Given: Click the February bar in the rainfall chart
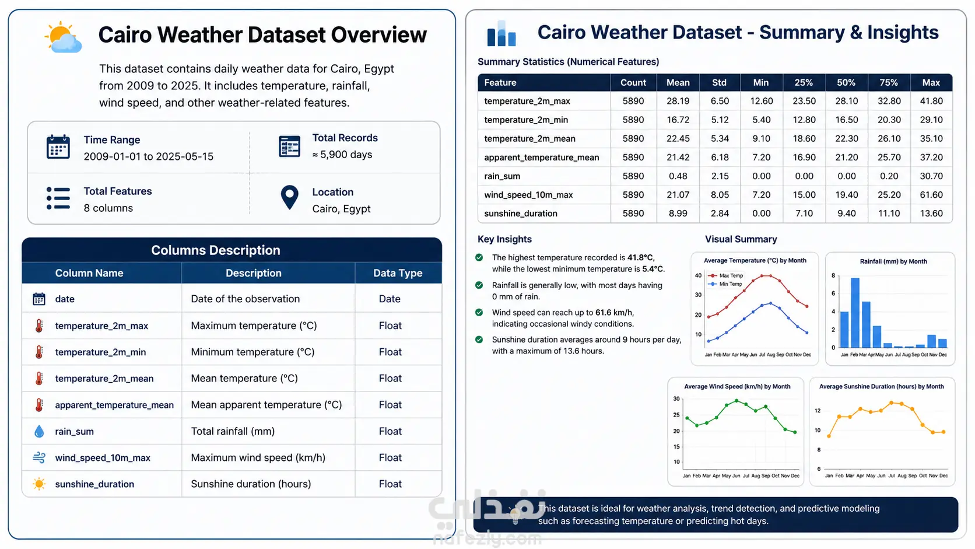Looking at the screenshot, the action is (x=855, y=313).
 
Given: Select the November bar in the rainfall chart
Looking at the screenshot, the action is (x=931, y=341).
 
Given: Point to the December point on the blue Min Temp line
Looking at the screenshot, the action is (x=807, y=333).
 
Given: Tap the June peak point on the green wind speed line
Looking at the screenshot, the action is (x=736, y=401).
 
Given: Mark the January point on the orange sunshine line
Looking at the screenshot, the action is (x=829, y=436).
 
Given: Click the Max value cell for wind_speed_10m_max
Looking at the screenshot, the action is (x=931, y=195).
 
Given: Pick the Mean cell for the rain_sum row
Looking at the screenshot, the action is (x=678, y=176).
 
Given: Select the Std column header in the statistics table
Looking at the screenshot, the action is (x=719, y=82).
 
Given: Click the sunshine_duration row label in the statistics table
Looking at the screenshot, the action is (x=521, y=214).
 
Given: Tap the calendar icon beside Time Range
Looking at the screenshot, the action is (x=58, y=146).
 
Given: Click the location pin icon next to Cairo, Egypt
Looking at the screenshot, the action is (x=289, y=198).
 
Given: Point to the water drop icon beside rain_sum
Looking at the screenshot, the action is (x=38, y=431).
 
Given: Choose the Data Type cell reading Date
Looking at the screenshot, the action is (x=390, y=299).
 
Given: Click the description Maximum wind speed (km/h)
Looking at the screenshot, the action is (x=258, y=457).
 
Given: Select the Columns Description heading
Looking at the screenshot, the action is (x=215, y=250).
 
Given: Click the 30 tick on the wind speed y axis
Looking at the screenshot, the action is (x=676, y=399).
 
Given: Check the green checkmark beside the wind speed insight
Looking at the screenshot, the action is (x=479, y=313).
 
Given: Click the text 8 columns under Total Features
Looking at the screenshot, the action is (x=108, y=208).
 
